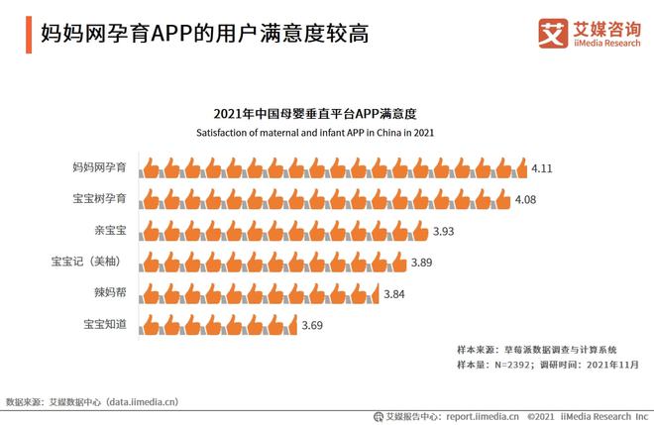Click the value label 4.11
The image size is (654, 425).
point(542,168)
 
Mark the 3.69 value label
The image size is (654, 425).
point(313,325)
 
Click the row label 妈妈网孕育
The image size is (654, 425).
point(102,168)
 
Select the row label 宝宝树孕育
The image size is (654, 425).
point(102,199)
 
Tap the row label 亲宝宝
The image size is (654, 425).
point(112,231)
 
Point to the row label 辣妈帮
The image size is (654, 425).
point(112,294)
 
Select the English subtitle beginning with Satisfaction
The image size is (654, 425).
point(313,132)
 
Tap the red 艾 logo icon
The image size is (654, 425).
point(551,32)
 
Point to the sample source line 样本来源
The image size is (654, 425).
point(535,349)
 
